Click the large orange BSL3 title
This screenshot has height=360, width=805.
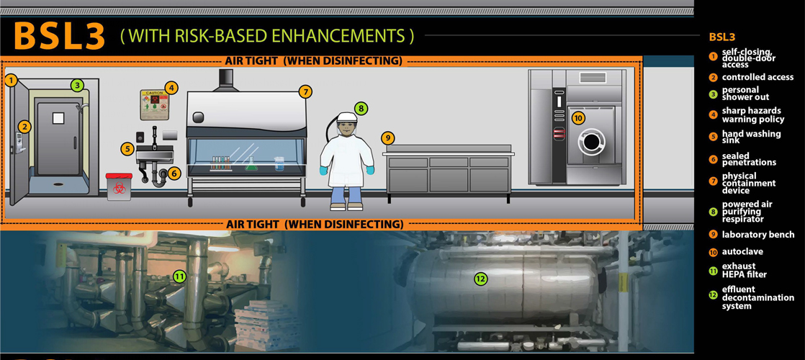(x=60, y=35)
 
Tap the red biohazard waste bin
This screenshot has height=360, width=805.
(x=118, y=186)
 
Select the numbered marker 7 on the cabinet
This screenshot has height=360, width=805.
(x=305, y=91)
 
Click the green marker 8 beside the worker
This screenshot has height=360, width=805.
(x=361, y=109)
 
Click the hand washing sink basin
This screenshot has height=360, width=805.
(x=154, y=154)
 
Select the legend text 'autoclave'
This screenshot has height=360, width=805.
(x=742, y=252)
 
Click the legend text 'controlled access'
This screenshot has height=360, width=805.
(x=757, y=77)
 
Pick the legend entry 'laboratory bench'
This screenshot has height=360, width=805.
(x=758, y=235)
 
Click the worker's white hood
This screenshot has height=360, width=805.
(x=347, y=119)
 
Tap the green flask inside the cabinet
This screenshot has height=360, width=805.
(x=251, y=165)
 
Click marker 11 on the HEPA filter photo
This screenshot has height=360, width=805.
(x=179, y=276)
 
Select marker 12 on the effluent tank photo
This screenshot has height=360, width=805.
(x=480, y=278)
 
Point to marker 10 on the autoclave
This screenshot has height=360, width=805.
(x=577, y=117)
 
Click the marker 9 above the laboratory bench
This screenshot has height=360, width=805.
(x=387, y=137)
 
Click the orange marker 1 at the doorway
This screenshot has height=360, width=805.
(x=11, y=80)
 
